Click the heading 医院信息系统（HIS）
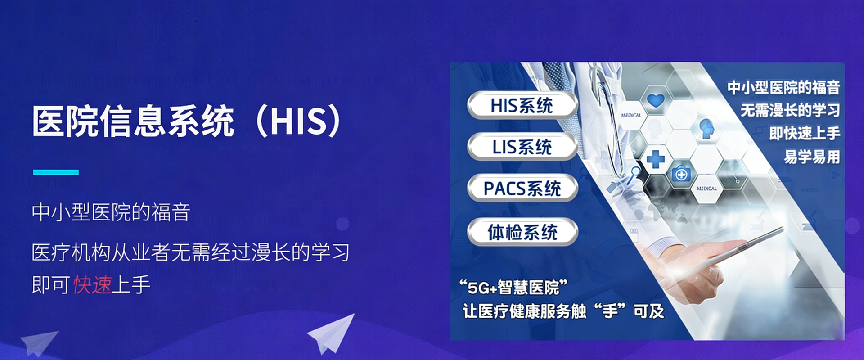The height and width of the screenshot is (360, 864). [186, 121]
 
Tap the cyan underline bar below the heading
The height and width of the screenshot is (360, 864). [56, 172]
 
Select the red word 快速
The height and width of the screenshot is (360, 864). [92, 284]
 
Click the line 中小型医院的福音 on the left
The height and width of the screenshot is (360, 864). [111, 212]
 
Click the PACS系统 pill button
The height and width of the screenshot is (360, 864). [522, 189]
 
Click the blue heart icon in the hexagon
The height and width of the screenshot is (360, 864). [655, 100]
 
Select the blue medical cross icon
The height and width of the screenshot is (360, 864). [655, 159]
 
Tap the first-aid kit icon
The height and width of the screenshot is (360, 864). [681, 174]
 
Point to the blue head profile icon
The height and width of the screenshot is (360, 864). [706, 129]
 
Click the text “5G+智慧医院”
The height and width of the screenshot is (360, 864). [513, 287]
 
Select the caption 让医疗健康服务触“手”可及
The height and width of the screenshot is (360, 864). [563, 311]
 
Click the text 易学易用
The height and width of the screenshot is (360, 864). [812, 157]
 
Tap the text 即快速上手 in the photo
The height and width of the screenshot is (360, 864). [805, 133]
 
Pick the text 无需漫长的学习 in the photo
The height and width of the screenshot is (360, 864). [790, 110]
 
